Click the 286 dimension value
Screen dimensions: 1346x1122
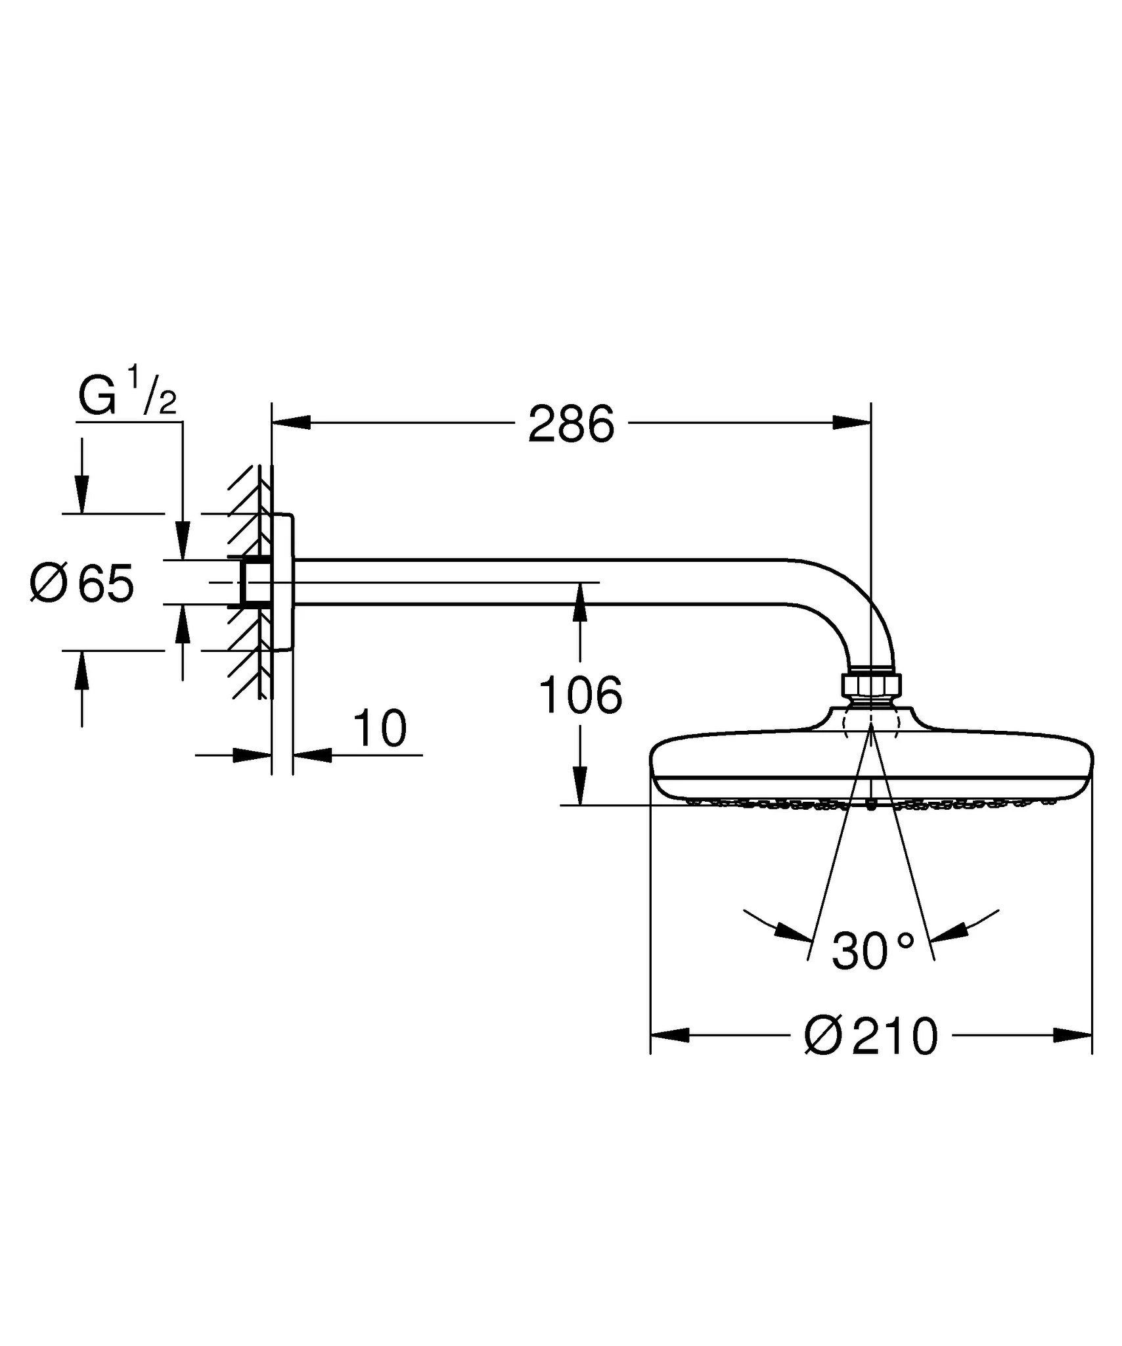point(571,425)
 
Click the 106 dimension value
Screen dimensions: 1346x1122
point(579,695)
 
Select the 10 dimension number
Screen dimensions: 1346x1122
point(380,729)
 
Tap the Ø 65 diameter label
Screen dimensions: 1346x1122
point(82,583)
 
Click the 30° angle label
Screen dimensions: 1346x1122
point(872,951)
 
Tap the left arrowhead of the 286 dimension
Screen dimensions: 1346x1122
point(291,423)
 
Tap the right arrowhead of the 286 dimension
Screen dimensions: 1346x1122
point(852,423)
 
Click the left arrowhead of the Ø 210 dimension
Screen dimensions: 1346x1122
point(669,1036)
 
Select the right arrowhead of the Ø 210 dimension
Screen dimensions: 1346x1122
point(1073,1036)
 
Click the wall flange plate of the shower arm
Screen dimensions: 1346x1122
point(283,582)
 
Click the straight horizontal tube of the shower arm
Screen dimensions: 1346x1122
point(526,581)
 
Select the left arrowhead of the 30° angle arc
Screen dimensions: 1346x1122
point(792,932)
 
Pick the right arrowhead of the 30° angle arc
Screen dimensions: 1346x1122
point(950,931)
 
